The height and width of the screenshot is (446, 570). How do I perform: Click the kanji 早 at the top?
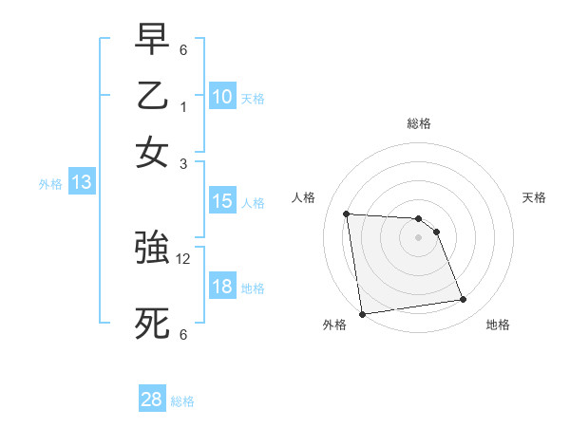152,40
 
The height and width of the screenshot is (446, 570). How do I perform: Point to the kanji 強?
152,250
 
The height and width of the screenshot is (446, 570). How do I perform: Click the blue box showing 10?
222,96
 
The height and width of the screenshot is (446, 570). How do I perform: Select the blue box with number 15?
222,201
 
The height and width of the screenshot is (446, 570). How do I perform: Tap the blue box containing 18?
222,287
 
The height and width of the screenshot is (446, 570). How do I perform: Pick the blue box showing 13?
82,183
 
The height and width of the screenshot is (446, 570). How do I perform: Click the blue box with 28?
152,400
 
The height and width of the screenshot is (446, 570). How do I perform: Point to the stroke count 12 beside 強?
184,258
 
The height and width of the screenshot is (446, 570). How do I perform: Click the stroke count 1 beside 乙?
183,105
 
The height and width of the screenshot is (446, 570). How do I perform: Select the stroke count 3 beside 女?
183,162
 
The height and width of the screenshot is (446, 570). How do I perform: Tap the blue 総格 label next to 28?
182,401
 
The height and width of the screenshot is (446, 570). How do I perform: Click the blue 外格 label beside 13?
50,184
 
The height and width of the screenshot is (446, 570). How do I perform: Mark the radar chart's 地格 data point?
463,300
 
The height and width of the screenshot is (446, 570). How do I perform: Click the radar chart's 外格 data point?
362,314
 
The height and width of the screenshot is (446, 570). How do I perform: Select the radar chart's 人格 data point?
347,214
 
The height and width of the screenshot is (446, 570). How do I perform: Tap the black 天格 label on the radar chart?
534,197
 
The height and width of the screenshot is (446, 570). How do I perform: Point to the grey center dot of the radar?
418,238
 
